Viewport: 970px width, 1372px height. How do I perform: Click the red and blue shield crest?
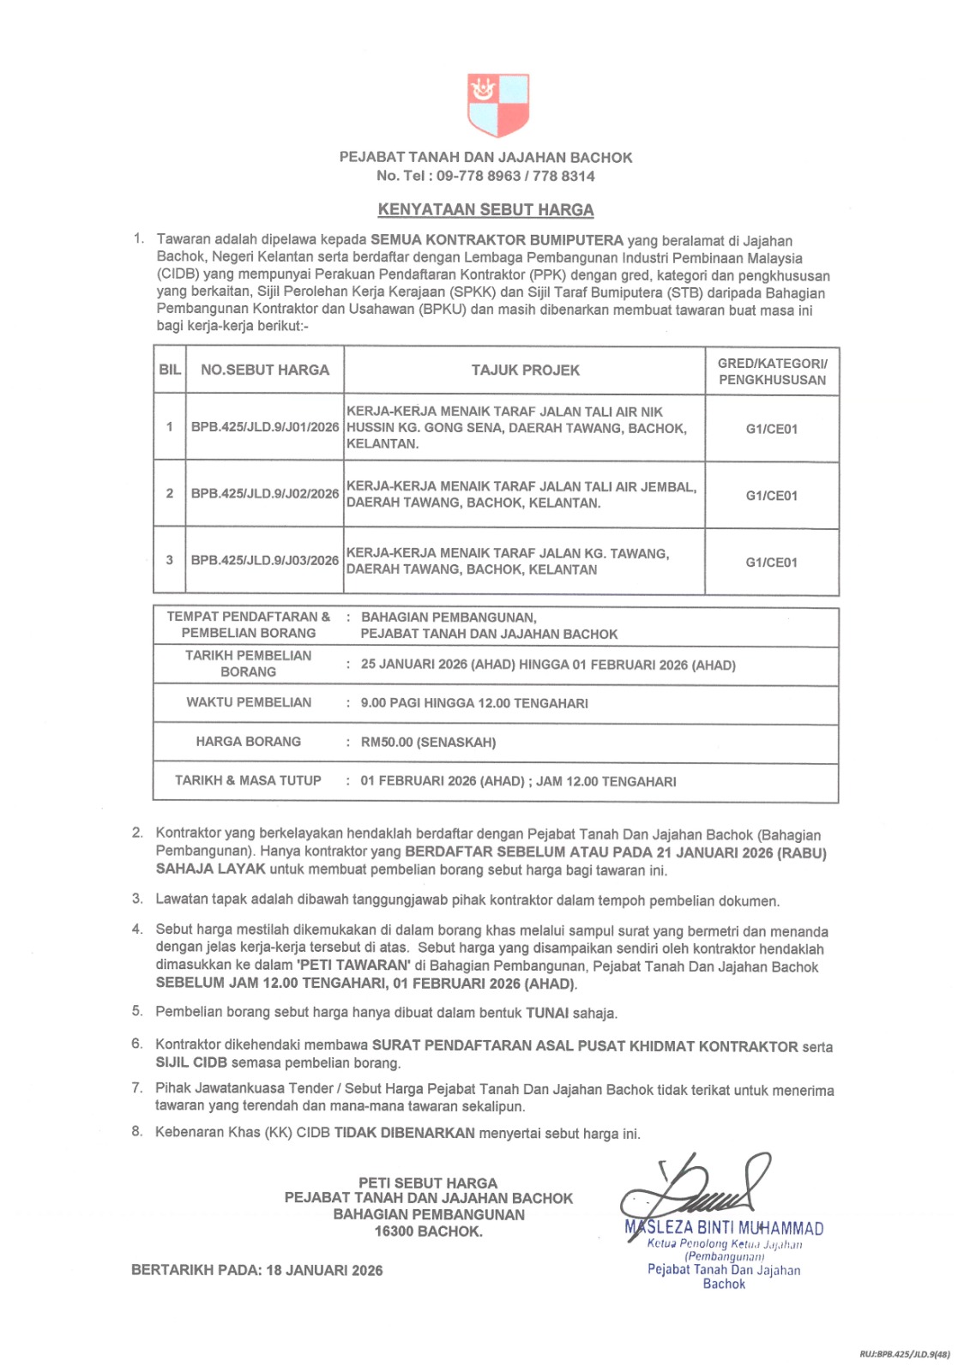coord(497,105)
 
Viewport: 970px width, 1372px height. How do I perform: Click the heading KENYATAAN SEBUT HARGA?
coord(485,210)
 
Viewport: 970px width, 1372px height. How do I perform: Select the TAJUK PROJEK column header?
coord(525,370)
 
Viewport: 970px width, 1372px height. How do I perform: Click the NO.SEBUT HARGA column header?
coord(264,370)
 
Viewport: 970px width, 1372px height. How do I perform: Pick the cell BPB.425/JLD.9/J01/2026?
coord(264,427)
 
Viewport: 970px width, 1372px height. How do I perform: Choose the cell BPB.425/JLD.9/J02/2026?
coord(264,494)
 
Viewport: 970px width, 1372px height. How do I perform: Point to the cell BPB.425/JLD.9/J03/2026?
coord(264,561)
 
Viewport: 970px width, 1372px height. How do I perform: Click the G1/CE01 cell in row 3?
coord(771,563)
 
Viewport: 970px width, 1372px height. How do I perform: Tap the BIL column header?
coord(170,370)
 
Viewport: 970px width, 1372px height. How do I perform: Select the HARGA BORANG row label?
coord(248,742)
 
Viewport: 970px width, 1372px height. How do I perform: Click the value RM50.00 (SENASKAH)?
coord(428,743)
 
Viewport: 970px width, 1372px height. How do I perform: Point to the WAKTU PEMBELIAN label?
coord(249,702)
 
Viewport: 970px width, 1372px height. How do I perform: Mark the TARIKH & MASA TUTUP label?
coord(248,780)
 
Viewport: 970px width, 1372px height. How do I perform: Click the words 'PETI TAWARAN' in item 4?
coord(353,966)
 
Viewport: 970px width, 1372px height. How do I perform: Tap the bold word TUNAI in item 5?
coord(546,1013)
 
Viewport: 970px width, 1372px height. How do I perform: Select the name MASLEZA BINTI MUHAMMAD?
coord(724,1228)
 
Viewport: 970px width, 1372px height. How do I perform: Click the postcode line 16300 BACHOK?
coord(428,1231)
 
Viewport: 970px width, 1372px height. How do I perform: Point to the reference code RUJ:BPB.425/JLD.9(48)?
coord(904,1354)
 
